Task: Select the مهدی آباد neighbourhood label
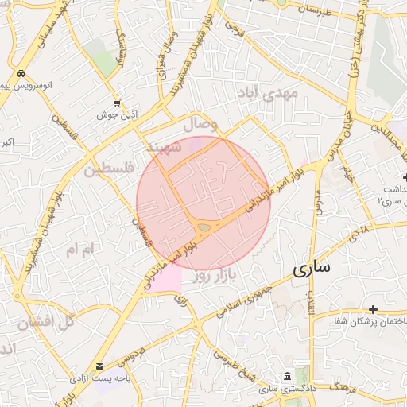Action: [x=272, y=95]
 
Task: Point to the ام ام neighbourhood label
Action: [x=79, y=250]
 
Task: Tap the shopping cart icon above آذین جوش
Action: [x=118, y=103]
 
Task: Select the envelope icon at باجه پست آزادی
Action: [x=100, y=366]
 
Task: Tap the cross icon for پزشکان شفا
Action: [x=373, y=308]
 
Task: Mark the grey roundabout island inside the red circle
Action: [x=203, y=228]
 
